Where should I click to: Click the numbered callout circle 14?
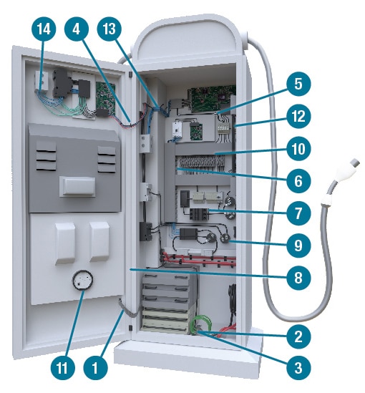[x=44, y=29]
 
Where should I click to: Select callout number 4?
[x=77, y=29]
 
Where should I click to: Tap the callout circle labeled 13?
[x=109, y=29]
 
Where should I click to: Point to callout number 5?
[x=298, y=84]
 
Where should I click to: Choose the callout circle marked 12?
[x=298, y=116]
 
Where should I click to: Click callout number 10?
[x=298, y=149]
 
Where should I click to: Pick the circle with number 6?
[x=298, y=180]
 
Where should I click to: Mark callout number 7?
[x=298, y=213]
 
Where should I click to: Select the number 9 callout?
[x=298, y=246]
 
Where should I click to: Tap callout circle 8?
[x=298, y=278]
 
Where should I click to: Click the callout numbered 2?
[x=298, y=336]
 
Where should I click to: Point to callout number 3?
[x=298, y=368]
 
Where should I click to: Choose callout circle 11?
[x=62, y=368]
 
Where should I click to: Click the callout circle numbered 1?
[x=95, y=368]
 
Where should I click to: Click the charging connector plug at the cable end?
[x=344, y=173]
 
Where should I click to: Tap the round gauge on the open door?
[x=82, y=280]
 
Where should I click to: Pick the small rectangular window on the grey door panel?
[x=77, y=187]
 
